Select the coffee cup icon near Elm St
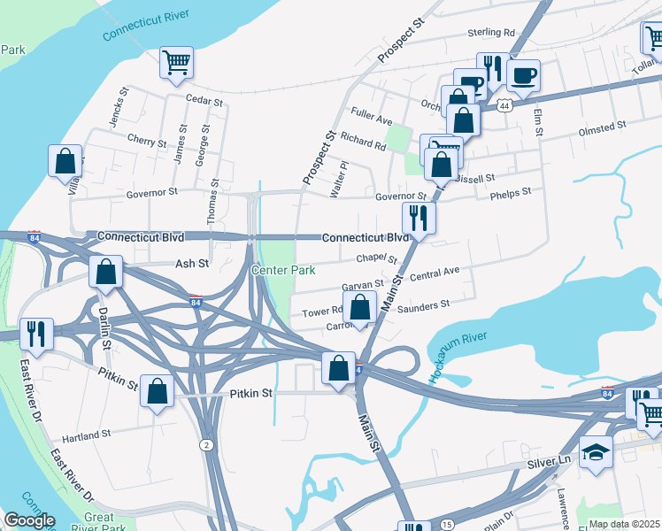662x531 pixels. coord(523,75)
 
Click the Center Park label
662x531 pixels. coord(283,269)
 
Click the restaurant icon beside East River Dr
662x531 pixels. coord(36,334)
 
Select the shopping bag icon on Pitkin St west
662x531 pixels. coord(157,390)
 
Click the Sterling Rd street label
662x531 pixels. coord(491,33)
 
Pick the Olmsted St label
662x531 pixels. coord(602,128)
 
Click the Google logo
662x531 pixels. coord(28,520)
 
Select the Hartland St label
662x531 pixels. coord(87,435)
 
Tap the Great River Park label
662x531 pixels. coord(112,522)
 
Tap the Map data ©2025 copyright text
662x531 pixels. coord(624,524)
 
